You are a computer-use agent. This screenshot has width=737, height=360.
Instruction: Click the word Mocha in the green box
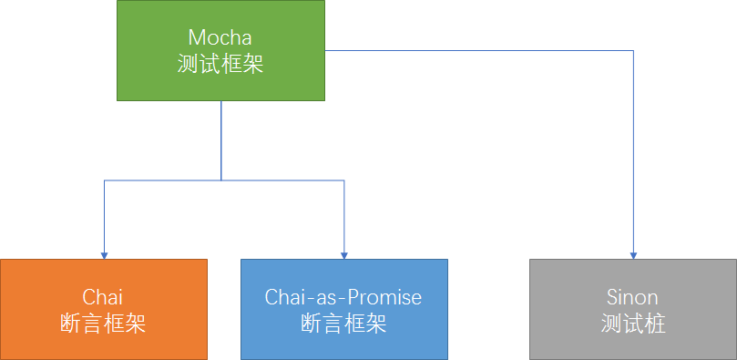click(x=220, y=36)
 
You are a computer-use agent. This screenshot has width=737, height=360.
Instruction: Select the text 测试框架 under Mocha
click(x=220, y=64)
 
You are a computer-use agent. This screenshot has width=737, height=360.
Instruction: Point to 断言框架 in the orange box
click(x=103, y=324)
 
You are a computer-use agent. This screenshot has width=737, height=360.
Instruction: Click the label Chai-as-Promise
click(x=343, y=297)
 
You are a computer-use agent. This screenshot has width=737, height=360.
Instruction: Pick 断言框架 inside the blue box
click(x=343, y=324)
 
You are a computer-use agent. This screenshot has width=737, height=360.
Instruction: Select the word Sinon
click(x=632, y=297)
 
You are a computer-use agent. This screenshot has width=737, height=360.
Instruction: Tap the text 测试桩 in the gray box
click(x=633, y=324)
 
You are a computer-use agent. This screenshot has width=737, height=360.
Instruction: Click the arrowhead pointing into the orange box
click(x=105, y=256)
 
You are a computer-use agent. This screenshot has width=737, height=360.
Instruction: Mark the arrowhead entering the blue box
click(x=344, y=256)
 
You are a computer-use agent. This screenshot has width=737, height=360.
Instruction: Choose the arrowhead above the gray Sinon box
click(x=633, y=256)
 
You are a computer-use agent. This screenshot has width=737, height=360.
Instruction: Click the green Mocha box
click(x=220, y=50)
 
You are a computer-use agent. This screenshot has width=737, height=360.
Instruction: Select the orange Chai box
click(x=104, y=309)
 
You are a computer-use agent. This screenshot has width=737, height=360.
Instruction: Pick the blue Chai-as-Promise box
click(x=344, y=309)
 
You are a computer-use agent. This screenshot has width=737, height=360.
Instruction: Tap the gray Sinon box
click(x=633, y=309)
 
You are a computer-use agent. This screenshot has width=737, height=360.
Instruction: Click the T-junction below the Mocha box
click(x=220, y=180)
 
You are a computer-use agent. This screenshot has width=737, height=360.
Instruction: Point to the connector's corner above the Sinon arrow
click(x=633, y=50)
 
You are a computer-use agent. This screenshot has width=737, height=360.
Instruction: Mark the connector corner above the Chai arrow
click(x=105, y=180)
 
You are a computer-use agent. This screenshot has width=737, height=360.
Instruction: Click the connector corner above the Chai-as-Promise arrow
click(x=344, y=180)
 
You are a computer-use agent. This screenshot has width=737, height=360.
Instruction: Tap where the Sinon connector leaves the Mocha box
click(x=325, y=50)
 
